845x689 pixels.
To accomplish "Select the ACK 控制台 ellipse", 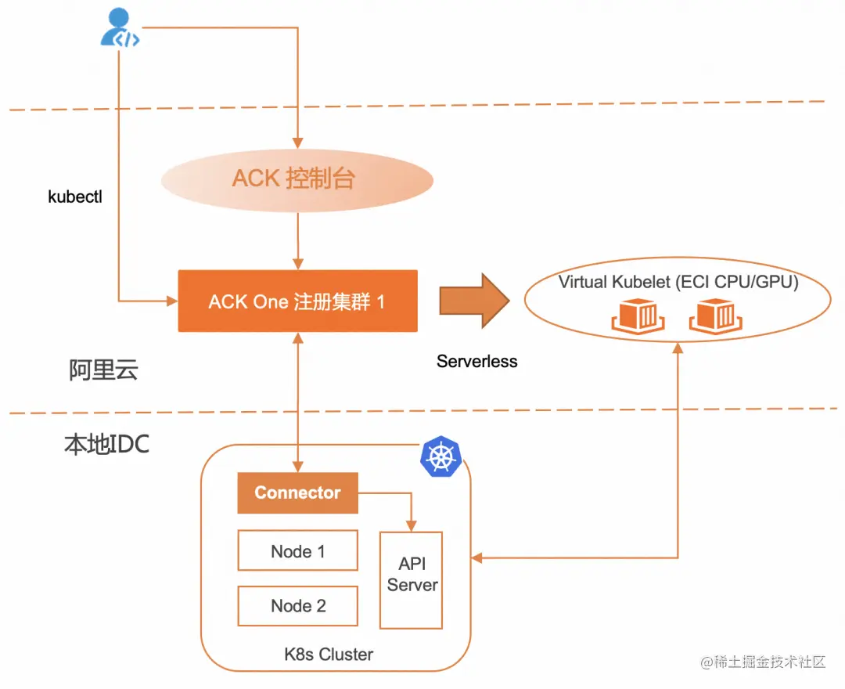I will coord(297,179).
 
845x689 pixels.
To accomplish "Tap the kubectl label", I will coord(75,197).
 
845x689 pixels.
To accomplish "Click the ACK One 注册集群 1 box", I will coord(297,301).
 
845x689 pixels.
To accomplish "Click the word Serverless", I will coord(477,362).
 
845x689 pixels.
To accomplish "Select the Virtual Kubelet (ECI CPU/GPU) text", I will coord(678,283).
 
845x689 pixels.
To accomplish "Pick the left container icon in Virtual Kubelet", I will coord(638,315).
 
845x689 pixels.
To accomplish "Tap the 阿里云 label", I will coord(103,370).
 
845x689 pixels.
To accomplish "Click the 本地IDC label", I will coord(106,445).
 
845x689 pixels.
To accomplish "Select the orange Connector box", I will coord(297,493).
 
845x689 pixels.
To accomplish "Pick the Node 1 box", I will coord(297,551).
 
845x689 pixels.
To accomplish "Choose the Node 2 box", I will coord(297,606).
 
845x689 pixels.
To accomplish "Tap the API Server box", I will coord(412,579).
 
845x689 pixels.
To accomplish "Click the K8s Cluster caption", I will coord(329,654).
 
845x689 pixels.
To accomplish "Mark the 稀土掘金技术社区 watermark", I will coord(764,662).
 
